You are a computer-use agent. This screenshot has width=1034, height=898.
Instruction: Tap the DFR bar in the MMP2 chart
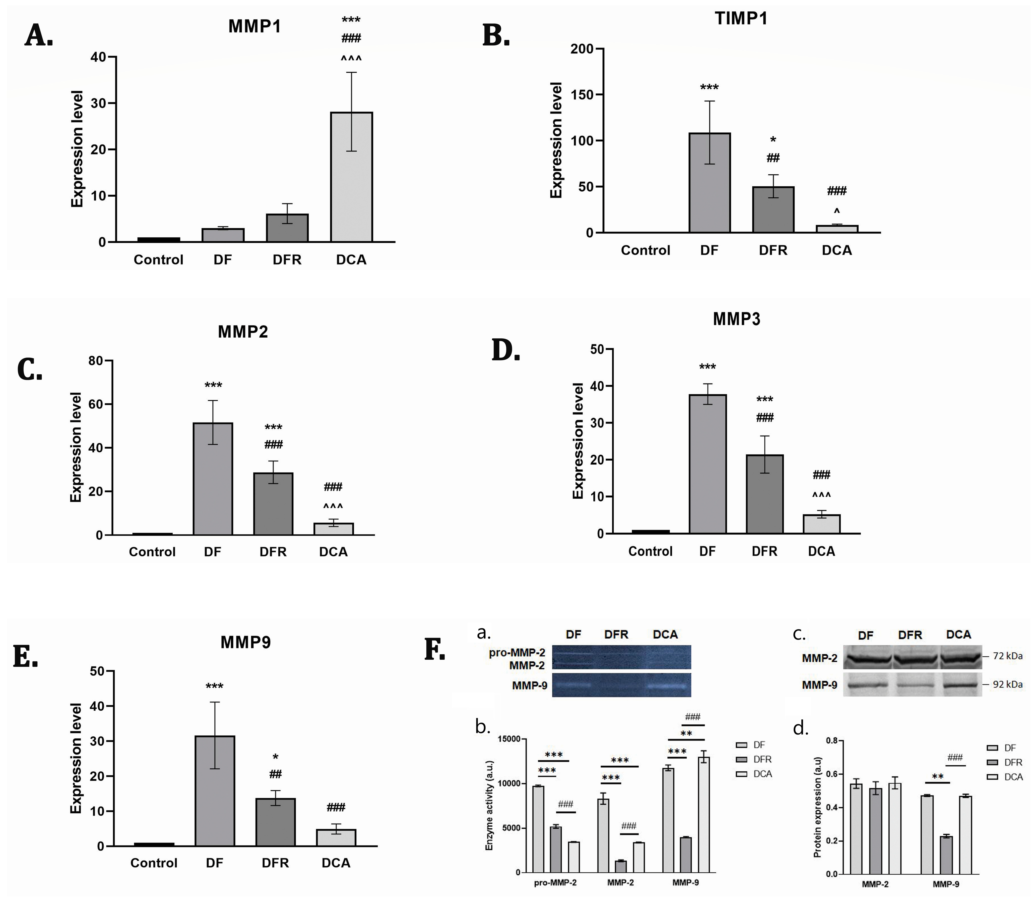[x=273, y=504]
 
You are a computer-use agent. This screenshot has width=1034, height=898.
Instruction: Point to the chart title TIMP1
[x=741, y=19]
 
